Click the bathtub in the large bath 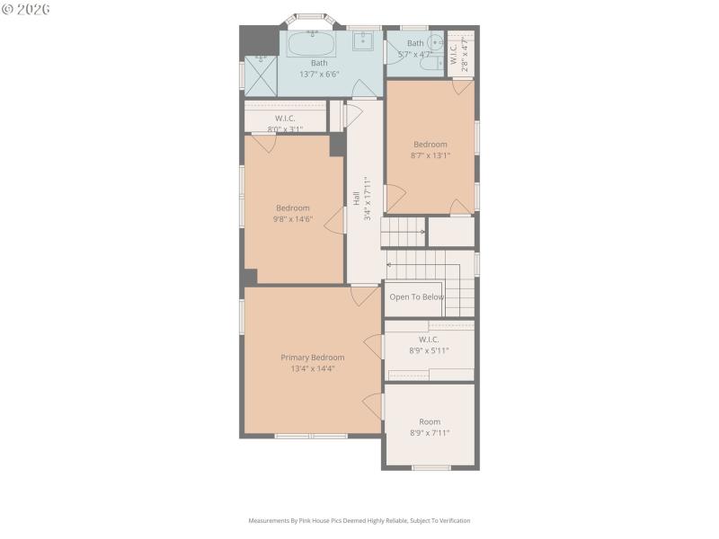click(311, 42)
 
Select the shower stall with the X click(260, 75)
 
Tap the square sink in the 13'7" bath click(364, 41)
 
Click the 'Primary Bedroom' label click(312, 358)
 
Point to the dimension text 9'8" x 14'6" click(292, 218)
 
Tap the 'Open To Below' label click(416, 297)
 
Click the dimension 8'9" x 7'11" click(430, 433)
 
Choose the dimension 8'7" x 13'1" click(430, 155)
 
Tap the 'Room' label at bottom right click(430, 421)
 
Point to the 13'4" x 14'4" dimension click(312, 368)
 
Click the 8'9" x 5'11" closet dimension click(429, 350)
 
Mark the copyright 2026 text click(26, 8)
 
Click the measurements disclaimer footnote click(359, 520)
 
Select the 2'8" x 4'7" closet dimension click(465, 51)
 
